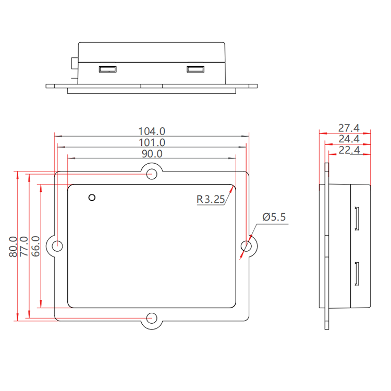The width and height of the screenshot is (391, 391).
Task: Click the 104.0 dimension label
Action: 151,131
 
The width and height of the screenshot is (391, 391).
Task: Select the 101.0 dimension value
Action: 151,142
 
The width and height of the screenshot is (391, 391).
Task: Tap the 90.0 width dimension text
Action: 151,154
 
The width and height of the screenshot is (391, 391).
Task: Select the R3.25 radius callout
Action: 211,199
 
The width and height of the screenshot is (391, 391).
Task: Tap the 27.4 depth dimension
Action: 348,128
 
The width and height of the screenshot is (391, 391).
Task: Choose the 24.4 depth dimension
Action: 348,139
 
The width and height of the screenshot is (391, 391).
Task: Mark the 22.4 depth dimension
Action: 348,150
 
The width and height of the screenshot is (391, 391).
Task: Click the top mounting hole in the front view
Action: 152,174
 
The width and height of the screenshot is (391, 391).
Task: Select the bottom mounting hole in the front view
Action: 152,317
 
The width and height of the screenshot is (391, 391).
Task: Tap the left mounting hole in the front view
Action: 58,246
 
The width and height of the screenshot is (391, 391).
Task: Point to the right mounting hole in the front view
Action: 247,246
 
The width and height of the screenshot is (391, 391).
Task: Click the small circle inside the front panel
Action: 92,198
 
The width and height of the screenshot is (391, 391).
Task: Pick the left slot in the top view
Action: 107,69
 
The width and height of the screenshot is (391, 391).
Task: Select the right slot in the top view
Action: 195,69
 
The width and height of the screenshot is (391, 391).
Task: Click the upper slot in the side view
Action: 358,219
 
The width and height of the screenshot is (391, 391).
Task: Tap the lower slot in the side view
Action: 358,274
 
